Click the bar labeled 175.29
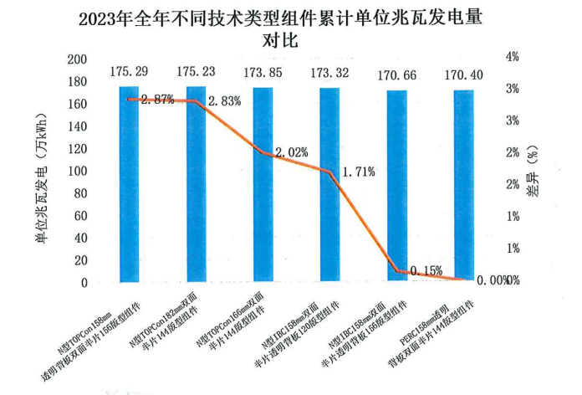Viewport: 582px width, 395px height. coord(129,184)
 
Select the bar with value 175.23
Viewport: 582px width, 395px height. coord(196,184)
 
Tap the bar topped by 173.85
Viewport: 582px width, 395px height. coord(263,184)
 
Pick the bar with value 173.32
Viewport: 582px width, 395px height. coord(329,184)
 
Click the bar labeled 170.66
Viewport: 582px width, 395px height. coord(396,186)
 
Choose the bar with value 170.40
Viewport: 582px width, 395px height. coord(463,186)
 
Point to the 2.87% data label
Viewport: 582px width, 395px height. coord(157,100)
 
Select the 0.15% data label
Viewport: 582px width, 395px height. coord(425,270)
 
